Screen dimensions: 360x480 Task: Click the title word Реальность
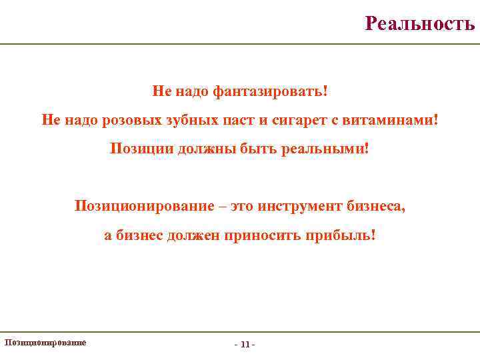(x=420, y=24)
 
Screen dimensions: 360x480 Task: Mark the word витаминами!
(x=387, y=119)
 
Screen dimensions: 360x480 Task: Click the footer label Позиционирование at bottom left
(x=45, y=342)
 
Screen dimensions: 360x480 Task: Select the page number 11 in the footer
(x=245, y=345)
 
